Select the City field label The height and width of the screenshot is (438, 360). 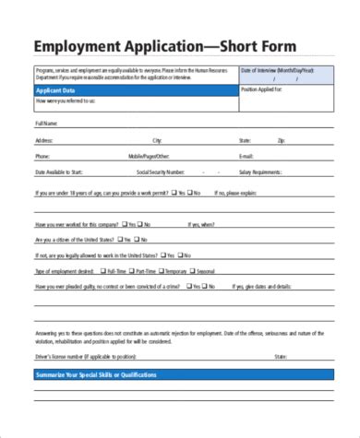[x=157, y=140]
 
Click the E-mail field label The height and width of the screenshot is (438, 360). [x=247, y=156]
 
